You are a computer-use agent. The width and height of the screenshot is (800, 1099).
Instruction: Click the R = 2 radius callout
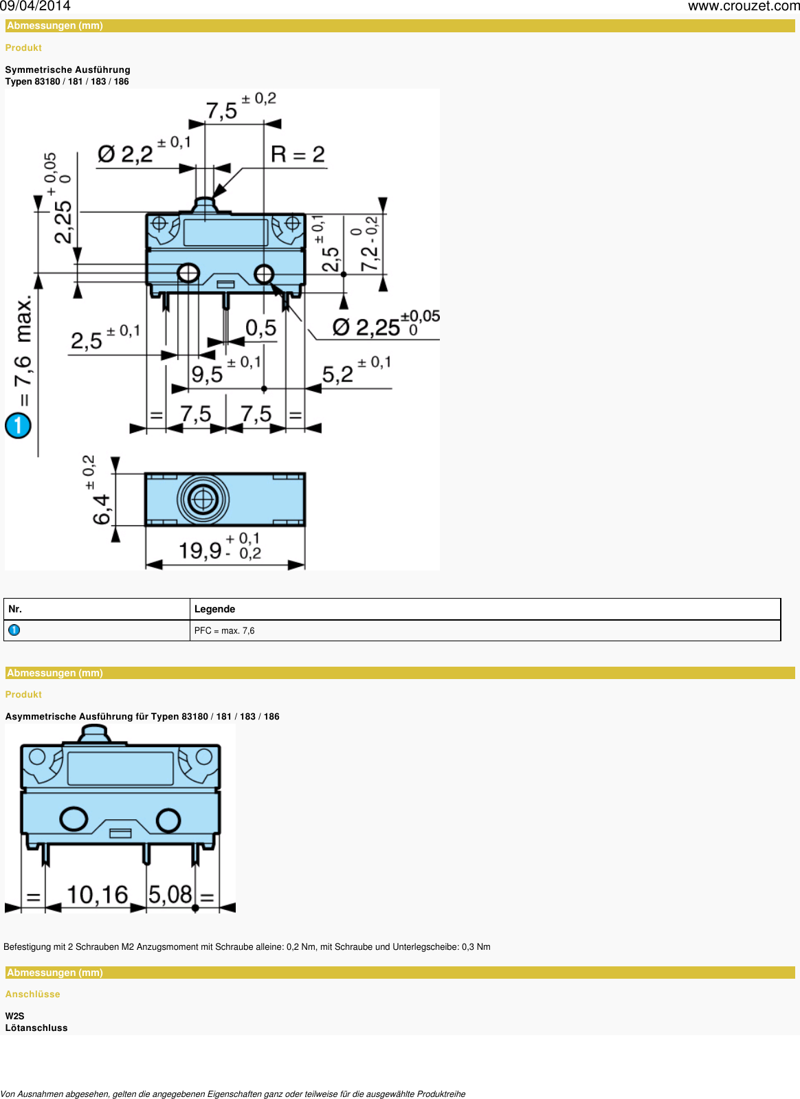click(x=298, y=154)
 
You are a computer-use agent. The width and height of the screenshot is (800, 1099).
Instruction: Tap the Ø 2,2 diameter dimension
click(x=125, y=154)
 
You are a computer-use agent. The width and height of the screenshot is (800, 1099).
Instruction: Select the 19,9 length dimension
click(x=200, y=550)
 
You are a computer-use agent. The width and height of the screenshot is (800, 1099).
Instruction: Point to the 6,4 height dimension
click(x=101, y=509)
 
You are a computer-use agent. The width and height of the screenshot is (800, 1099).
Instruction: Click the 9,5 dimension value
click(x=207, y=375)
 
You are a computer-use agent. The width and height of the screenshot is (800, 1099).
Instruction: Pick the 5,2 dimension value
click(x=337, y=375)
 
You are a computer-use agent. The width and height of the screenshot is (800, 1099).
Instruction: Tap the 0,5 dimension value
click(x=261, y=328)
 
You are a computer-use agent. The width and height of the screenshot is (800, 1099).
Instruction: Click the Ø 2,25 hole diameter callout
click(x=367, y=327)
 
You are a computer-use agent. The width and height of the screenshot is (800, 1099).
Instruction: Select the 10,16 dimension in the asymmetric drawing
click(x=98, y=894)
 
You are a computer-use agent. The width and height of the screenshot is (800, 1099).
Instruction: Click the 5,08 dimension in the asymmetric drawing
click(x=170, y=894)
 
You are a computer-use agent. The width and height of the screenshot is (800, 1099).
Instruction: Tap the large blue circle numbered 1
click(x=18, y=425)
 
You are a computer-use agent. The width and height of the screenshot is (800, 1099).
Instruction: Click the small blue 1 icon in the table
click(x=14, y=630)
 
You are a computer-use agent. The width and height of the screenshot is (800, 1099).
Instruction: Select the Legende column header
click(x=214, y=609)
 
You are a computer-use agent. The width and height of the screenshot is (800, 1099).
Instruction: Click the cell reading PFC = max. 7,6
click(x=224, y=630)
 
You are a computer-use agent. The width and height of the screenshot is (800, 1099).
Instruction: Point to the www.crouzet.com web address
click(x=743, y=6)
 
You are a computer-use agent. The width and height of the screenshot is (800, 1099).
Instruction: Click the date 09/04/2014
click(x=35, y=6)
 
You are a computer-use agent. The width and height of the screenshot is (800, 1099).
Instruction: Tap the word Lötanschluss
click(x=36, y=1028)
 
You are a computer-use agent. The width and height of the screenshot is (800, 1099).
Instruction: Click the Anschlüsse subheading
click(x=32, y=994)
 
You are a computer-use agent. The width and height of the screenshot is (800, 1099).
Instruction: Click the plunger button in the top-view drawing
click(x=203, y=499)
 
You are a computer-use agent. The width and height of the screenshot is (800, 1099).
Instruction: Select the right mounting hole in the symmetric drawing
click(x=264, y=274)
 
